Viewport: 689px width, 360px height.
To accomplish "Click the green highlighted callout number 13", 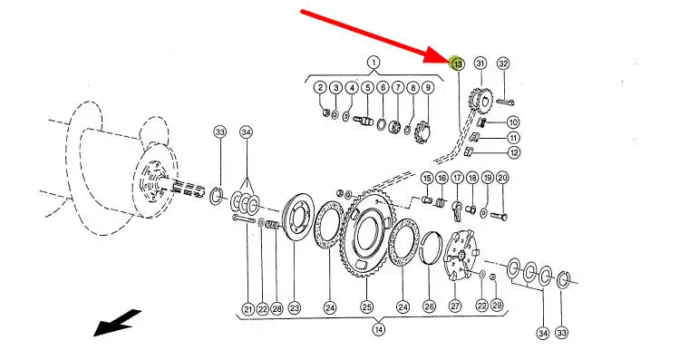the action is click(x=458, y=64).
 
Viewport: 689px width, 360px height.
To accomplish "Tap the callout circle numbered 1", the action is click(x=374, y=63).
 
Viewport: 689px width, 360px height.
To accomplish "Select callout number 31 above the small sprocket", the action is click(x=480, y=63).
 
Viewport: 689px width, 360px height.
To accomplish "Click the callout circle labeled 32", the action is click(x=503, y=63).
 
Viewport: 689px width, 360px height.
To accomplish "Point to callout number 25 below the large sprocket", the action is click(x=367, y=307).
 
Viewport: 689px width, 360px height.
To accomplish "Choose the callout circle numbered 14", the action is click(x=379, y=329).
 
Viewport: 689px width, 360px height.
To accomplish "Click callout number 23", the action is click(x=294, y=308).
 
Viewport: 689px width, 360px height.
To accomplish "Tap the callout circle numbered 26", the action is click(x=430, y=306).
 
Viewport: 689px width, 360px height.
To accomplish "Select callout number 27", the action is click(x=455, y=306).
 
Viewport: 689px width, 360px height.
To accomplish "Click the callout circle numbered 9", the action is click(x=428, y=87).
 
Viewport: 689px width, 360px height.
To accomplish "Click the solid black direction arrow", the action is click(x=118, y=323).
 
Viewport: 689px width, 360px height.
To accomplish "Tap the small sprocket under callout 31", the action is click(x=480, y=101).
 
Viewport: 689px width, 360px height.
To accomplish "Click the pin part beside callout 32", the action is click(x=506, y=102).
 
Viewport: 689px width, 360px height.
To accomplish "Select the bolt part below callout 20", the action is click(x=498, y=216).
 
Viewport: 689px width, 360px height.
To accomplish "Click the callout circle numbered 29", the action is click(x=497, y=305).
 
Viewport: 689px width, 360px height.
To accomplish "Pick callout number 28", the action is click(x=277, y=309).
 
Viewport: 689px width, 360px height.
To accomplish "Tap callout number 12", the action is click(x=514, y=152).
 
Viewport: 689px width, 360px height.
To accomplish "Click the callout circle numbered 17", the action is click(x=458, y=178).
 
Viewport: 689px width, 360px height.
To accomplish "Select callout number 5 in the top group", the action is click(x=367, y=87).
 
